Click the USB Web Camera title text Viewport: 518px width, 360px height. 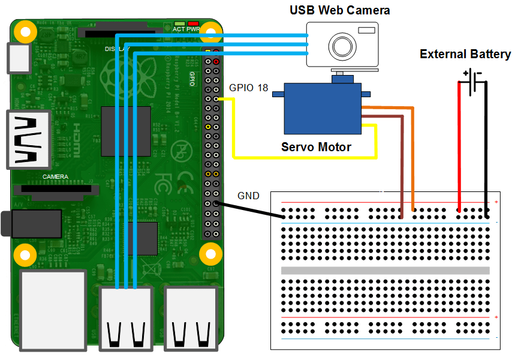coord(339,10)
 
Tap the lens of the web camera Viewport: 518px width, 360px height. coord(342,46)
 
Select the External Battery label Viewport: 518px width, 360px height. coord(465,55)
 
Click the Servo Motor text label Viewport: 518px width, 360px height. coord(316,147)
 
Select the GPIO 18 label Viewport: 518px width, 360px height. coord(249,88)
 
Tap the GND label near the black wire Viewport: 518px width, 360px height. coord(248,196)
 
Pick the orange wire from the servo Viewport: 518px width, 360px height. coord(413,156)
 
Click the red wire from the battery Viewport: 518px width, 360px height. coord(459,150)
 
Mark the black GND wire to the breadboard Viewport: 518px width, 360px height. coord(252,211)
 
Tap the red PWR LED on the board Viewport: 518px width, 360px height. coord(192,23)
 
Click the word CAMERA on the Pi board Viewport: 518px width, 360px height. coord(55,177)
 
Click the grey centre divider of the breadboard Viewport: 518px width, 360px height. coord(385,270)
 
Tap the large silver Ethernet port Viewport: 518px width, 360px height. coord(53,309)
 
